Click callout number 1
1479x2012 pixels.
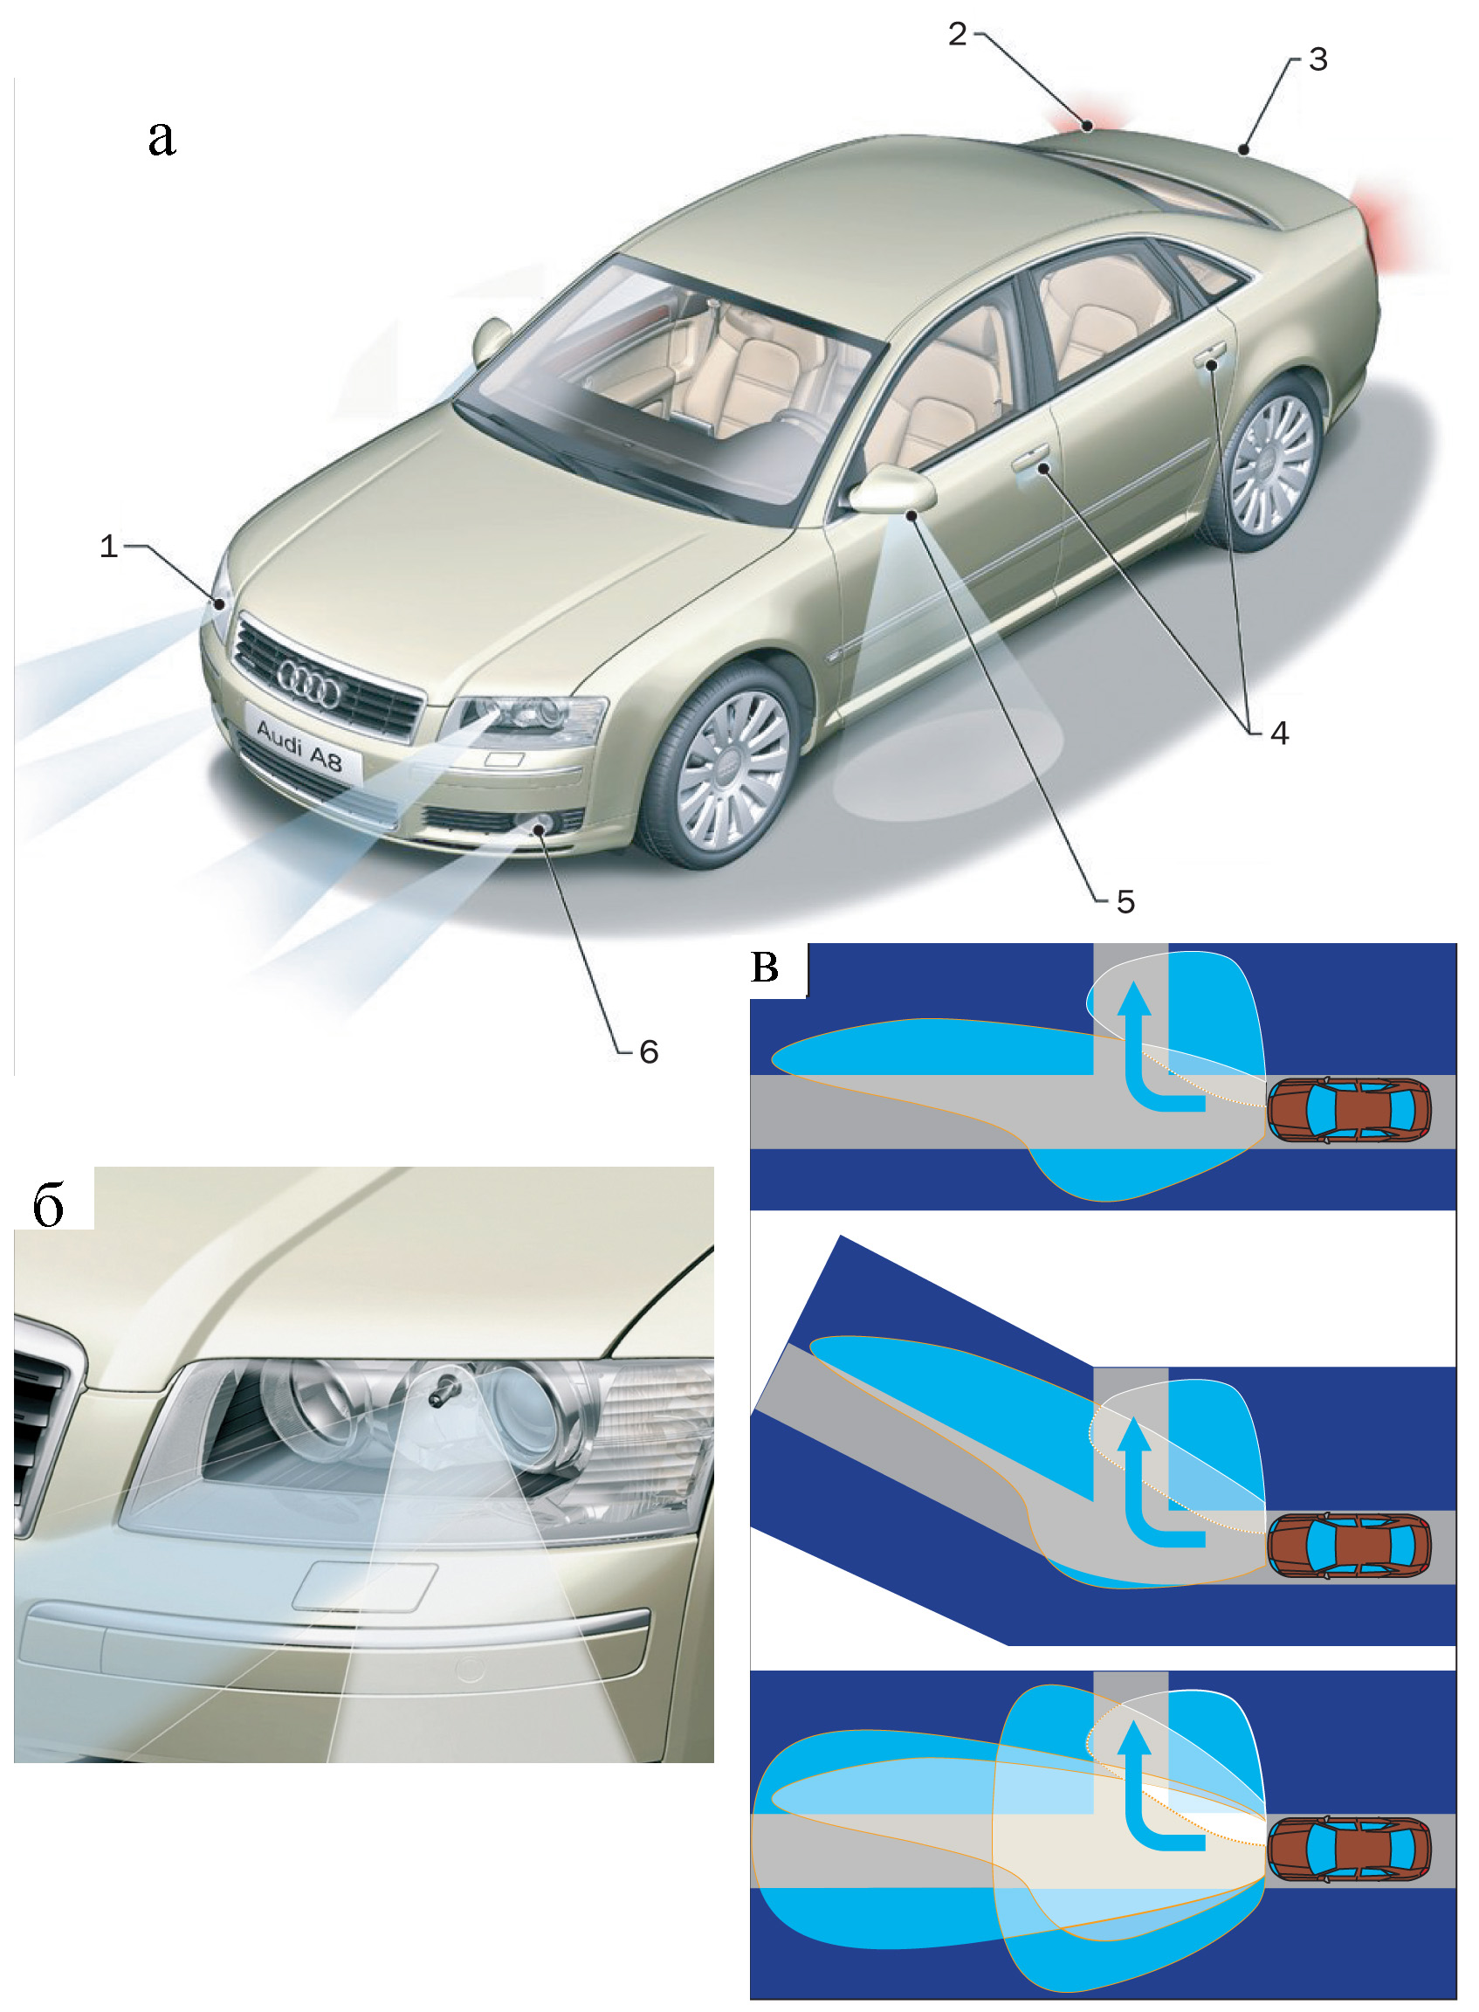click(x=108, y=545)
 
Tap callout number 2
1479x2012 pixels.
click(x=957, y=35)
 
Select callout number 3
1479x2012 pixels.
click(x=1317, y=60)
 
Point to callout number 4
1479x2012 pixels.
click(x=1279, y=734)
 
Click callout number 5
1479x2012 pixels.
click(x=1125, y=902)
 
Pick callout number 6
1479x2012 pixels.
click(x=649, y=1052)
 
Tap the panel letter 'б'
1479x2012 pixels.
click(x=48, y=1205)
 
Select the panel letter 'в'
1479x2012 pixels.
click(x=765, y=968)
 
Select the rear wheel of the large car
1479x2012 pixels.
click(x=1271, y=466)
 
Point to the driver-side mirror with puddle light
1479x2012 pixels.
click(x=891, y=490)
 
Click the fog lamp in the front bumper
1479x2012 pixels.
click(x=540, y=823)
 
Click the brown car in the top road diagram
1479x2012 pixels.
click(x=1348, y=1110)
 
